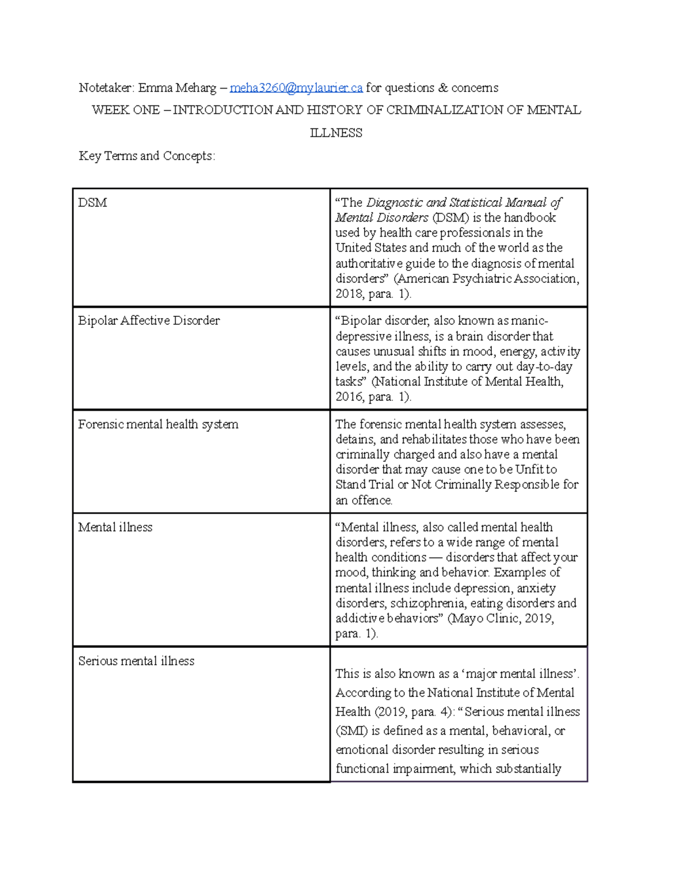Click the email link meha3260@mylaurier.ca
[x=296, y=88]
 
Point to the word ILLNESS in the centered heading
[x=336, y=133]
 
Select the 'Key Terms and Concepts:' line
[x=147, y=156]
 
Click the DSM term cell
[x=93, y=202]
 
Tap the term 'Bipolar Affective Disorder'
[x=149, y=321]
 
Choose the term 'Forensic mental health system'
[x=158, y=425]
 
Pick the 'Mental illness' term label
[x=115, y=527]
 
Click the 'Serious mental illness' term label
[x=136, y=661]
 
